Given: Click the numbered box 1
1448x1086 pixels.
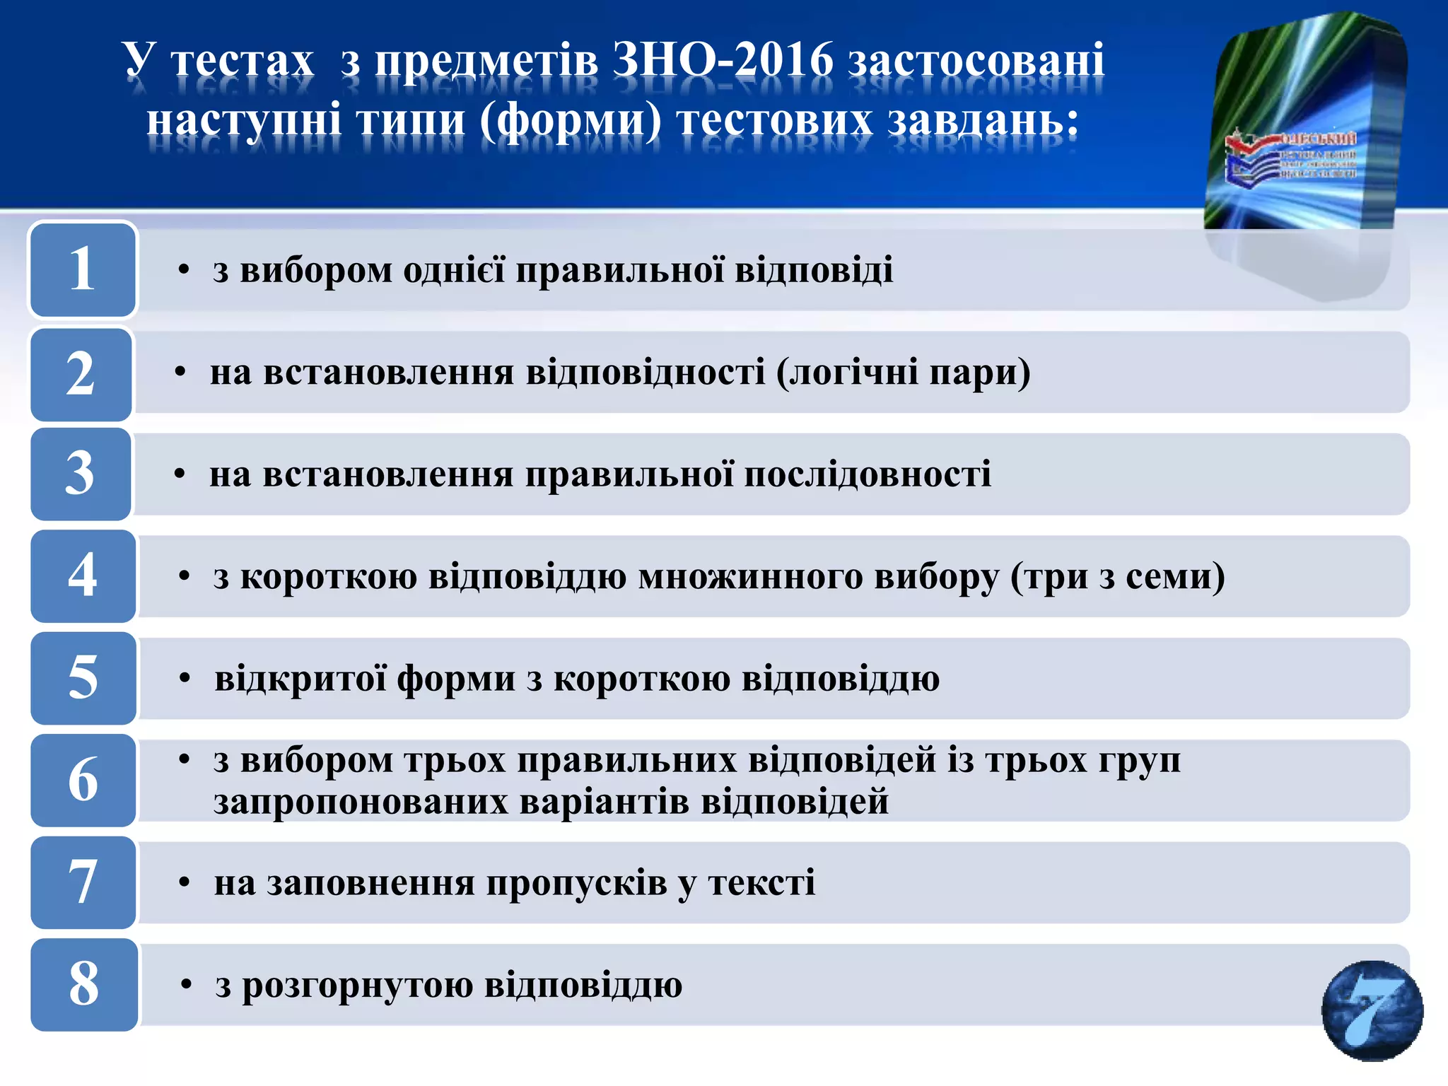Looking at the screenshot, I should [x=83, y=269].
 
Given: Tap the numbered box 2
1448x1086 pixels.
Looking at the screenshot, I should [x=81, y=374].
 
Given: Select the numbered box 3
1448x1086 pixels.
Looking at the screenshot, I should [x=81, y=474].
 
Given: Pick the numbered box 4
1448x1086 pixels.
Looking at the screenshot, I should [x=83, y=576].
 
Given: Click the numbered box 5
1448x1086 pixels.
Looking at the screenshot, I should [x=83, y=678].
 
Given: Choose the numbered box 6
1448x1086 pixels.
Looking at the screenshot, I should [x=83, y=780].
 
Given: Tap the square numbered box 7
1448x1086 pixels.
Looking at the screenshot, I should [x=83, y=882].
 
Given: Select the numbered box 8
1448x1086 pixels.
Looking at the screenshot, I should [x=84, y=984].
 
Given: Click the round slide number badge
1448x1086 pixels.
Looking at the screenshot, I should [x=1372, y=1010].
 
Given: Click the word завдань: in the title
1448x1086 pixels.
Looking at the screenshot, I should [x=983, y=120].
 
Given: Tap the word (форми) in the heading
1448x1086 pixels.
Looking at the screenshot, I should [x=571, y=120].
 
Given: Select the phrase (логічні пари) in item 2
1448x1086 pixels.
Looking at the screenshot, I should [x=903, y=373].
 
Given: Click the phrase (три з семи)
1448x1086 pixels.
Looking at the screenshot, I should [x=1117, y=577].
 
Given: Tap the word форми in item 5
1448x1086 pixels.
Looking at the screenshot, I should [x=456, y=679].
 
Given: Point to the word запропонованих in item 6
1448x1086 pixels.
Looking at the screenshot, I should [x=361, y=802].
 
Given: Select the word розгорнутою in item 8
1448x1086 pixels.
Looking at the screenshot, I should [x=358, y=986].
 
